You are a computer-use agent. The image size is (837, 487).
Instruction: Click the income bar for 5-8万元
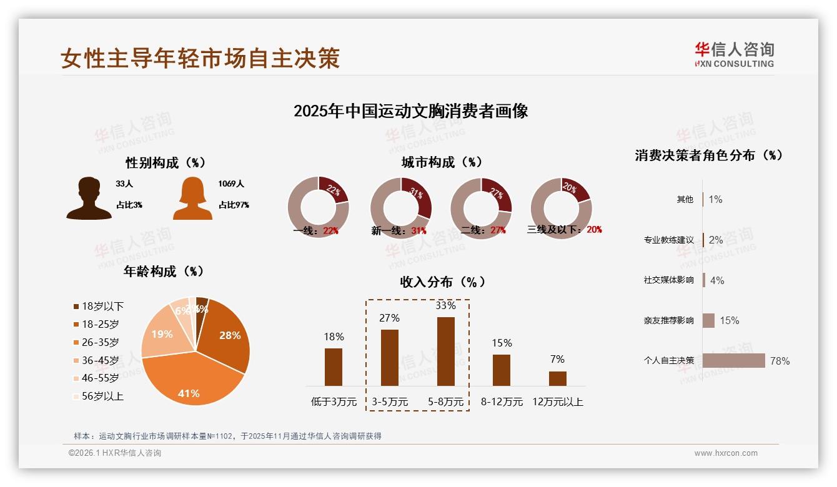[445, 352]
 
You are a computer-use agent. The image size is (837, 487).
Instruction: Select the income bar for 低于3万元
[334, 367]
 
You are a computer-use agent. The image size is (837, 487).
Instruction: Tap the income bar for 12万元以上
[558, 378]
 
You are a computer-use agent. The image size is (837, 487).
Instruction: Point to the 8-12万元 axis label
[502, 402]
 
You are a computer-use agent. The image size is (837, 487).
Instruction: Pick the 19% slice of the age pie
[162, 335]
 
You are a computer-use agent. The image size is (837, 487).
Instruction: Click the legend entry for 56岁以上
[99, 396]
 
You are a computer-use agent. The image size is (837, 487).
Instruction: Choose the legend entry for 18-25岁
[96, 324]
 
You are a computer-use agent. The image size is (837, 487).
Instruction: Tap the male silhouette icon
[89, 199]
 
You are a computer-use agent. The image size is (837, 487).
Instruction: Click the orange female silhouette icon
[192, 199]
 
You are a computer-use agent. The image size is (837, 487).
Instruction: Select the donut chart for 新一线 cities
[400, 207]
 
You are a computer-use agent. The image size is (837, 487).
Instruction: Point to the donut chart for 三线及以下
[561, 207]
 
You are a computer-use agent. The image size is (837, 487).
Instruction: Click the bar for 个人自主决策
[733, 360]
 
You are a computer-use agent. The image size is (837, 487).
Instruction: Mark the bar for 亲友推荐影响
[708, 320]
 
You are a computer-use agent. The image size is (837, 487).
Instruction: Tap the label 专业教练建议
[668, 240]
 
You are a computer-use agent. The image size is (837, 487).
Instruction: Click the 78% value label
[780, 361]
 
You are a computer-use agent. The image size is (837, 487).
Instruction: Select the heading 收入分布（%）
[442, 282]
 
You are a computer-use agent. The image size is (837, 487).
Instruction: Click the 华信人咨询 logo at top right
[734, 54]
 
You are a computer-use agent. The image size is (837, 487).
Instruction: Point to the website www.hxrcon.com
[726, 453]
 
